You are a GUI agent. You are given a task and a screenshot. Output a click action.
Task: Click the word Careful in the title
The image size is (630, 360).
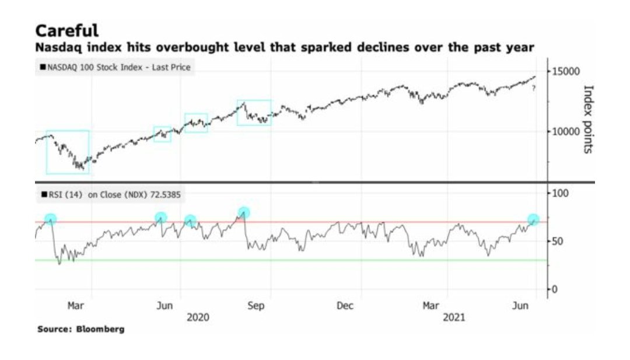[66, 30]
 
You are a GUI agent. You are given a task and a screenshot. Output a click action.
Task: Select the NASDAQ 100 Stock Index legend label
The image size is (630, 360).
[115, 68]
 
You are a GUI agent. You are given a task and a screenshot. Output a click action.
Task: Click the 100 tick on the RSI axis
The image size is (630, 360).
[560, 193]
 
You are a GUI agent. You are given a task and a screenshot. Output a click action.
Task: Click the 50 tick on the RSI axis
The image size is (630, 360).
[558, 241]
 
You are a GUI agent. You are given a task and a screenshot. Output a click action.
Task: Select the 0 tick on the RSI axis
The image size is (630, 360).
[555, 289]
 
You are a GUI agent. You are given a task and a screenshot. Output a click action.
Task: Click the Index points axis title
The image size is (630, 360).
[588, 119]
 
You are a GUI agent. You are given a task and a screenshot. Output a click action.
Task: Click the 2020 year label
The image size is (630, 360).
[198, 317]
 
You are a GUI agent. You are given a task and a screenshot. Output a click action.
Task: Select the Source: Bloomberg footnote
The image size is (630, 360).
[80, 330]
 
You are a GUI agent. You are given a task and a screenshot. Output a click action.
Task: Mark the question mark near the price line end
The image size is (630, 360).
[533, 88]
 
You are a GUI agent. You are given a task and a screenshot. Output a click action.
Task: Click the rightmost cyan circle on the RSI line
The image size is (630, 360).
[533, 220]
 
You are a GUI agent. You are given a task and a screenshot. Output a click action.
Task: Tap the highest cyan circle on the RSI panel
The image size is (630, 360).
[244, 212]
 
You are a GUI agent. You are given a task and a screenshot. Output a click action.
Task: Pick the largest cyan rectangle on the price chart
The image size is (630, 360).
[68, 152]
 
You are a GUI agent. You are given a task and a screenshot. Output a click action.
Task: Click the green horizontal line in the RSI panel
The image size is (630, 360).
[292, 260]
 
